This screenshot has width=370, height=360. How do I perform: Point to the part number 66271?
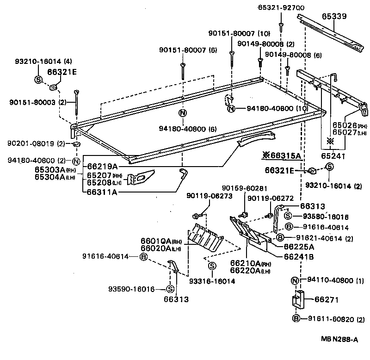coord(327,300)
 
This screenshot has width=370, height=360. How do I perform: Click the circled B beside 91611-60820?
coord(296,319)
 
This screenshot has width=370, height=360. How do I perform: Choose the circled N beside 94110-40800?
coord(295,280)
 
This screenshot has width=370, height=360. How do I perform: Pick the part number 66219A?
coord(102,166)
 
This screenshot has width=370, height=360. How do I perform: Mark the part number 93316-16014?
coord(212,281)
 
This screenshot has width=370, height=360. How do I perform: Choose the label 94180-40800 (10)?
coord(271,109)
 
